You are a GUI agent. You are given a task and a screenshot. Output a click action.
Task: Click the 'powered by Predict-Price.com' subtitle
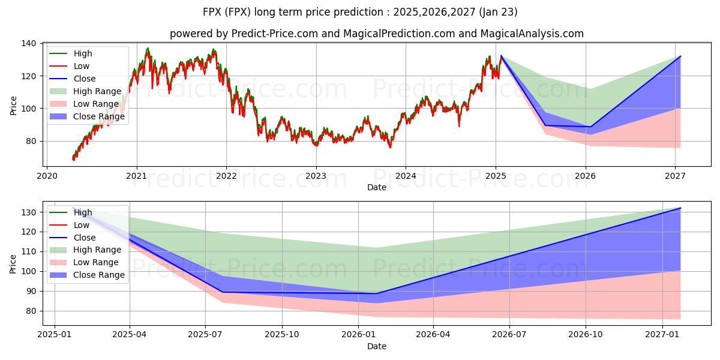pos(376,34)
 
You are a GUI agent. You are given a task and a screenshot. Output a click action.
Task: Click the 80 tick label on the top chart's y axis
pos(32,141)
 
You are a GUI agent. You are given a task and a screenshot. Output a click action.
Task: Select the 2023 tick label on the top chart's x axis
pos(316,176)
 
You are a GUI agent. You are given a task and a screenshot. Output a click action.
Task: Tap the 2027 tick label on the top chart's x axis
pos(676,176)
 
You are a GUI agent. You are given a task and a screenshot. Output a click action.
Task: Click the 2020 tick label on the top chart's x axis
pos(47,176)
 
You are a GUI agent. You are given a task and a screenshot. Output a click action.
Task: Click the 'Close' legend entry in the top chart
pos(84,79)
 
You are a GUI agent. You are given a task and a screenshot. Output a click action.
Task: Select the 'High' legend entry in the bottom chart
pos(83,212)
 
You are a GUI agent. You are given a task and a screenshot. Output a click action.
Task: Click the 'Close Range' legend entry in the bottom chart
pos(99,275)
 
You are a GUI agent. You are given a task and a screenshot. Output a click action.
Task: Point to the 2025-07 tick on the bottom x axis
pos(206,335)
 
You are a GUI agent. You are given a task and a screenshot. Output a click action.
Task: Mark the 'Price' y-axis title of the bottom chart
pos(14,263)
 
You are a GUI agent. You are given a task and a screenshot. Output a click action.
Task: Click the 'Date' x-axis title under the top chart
pos(376,187)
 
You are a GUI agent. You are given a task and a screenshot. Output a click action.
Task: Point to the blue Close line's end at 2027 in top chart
pos(680,56)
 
